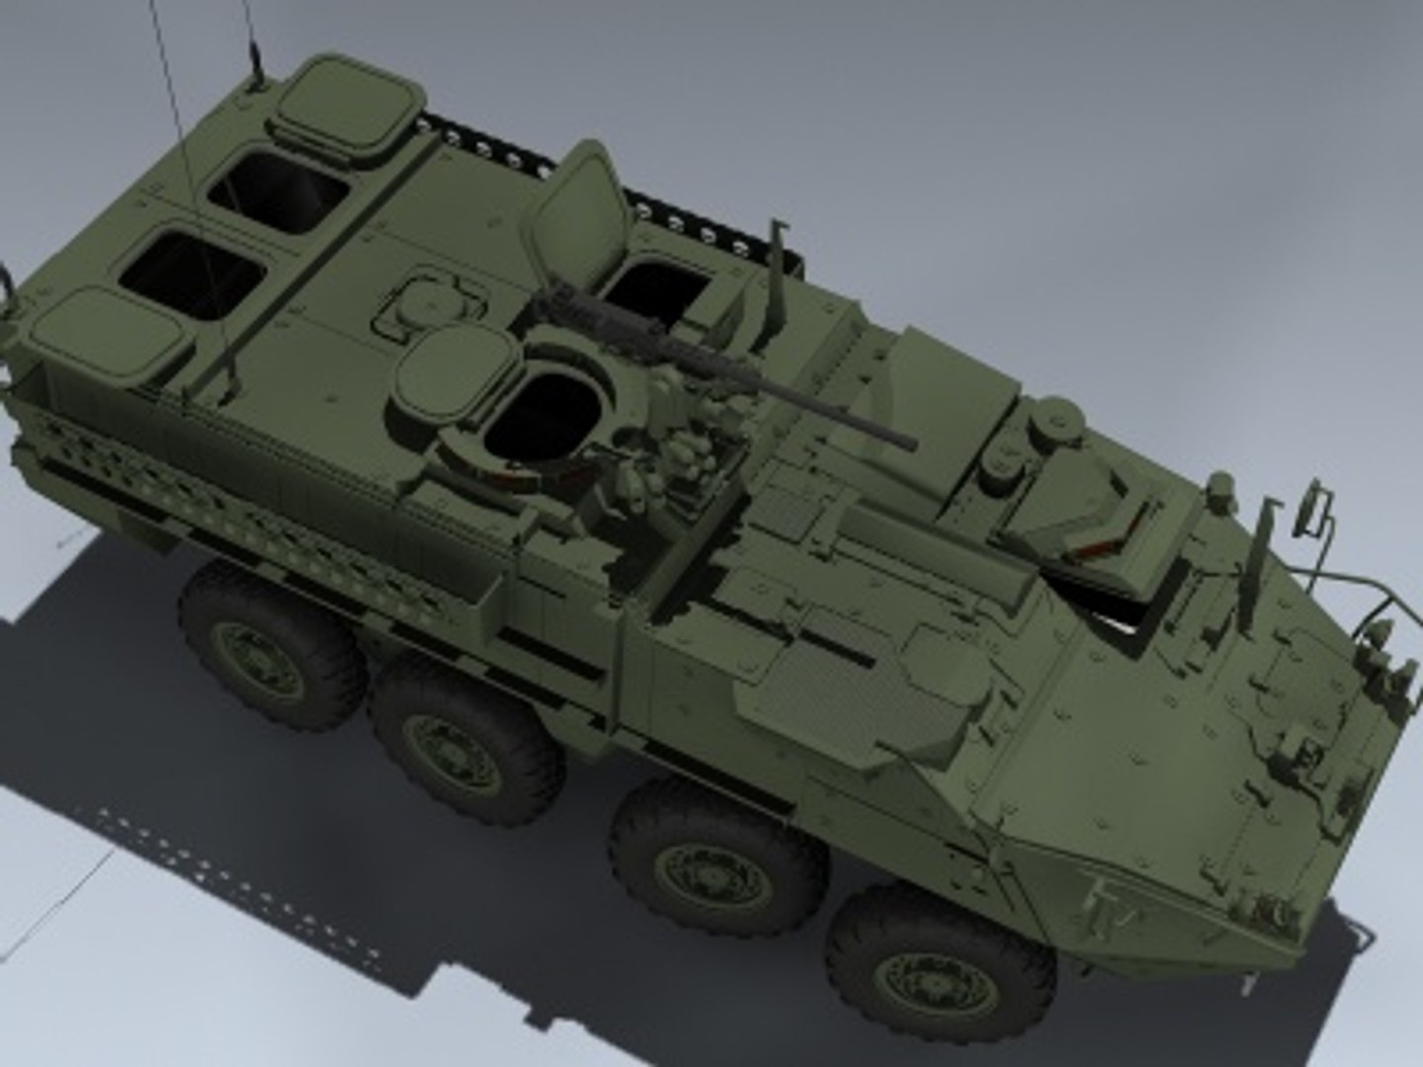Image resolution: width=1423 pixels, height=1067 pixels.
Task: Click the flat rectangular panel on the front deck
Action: (840, 682)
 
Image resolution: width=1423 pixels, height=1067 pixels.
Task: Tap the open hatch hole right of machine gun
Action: (657, 287)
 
